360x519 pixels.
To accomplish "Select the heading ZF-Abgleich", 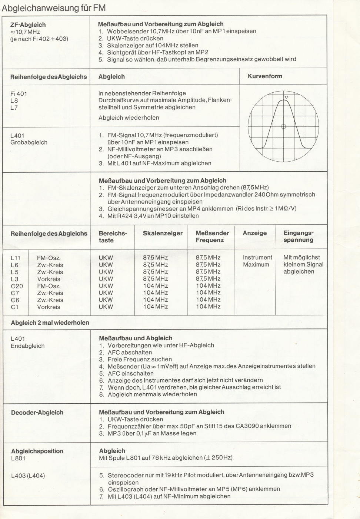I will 28,25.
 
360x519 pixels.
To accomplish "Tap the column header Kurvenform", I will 265,76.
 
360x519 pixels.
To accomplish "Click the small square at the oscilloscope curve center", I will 284,126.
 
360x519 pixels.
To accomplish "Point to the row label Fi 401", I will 19,94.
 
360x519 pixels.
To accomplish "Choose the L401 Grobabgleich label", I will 29,139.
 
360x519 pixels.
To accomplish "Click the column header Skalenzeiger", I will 163,233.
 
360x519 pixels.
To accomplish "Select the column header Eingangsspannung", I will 299,237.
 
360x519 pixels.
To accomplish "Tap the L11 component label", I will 16,258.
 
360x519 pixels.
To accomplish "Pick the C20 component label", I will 17,286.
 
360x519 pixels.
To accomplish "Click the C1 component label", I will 15,307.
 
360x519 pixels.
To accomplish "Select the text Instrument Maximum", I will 257,261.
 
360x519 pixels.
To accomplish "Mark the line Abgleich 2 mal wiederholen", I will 50,323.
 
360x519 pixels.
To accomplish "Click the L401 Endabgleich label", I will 27,342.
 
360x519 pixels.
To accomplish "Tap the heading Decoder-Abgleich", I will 37,413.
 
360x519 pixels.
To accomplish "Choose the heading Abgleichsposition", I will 37,451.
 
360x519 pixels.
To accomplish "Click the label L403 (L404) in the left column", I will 28,476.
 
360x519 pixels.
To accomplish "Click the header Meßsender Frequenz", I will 212,237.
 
